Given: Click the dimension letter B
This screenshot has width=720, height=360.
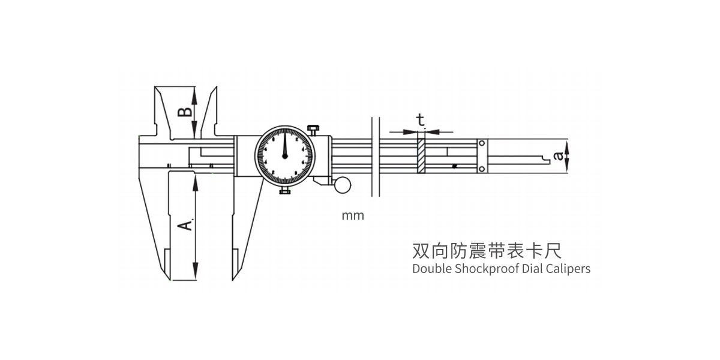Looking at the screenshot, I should [186, 112].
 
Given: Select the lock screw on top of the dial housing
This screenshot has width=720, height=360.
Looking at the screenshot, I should [313, 129].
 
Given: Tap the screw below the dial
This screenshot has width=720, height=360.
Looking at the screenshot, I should [284, 191].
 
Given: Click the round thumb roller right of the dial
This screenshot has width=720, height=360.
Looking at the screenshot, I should [343, 184].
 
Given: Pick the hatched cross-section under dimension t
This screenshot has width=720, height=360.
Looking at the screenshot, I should [422, 155].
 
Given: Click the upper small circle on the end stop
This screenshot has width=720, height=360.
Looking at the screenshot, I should [481, 143].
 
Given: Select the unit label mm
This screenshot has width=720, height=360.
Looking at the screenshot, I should [353, 216].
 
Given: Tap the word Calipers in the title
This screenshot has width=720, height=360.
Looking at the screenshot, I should [568, 269].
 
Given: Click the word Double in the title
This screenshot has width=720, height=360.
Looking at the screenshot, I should [431, 269].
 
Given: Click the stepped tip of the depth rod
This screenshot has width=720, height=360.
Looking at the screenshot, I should [546, 158].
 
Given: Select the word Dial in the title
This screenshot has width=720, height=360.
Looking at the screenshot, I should [530, 269].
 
